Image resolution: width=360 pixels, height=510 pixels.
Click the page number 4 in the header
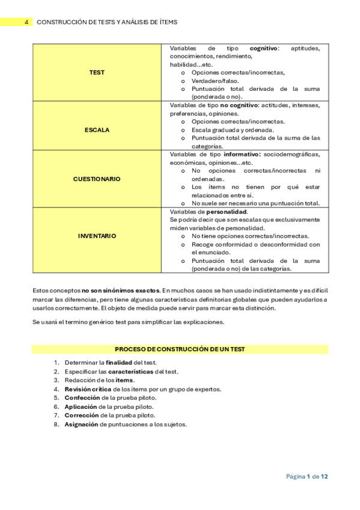point(26,22)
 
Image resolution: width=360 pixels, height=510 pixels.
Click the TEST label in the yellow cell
point(97,72)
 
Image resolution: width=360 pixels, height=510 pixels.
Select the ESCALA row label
point(97,129)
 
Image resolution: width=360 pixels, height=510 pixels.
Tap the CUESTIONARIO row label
point(97,179)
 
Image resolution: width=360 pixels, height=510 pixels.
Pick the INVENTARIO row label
point(97,236)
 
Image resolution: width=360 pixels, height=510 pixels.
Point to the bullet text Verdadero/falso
point(215,81)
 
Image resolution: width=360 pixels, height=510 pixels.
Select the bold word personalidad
point(227,212)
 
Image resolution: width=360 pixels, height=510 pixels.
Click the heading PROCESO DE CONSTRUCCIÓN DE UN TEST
point(180,349)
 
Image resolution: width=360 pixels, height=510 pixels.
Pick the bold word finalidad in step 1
point(119,363)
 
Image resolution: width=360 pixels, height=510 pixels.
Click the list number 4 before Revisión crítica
point(56,389)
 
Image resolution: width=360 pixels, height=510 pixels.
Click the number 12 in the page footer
point(324,476)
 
